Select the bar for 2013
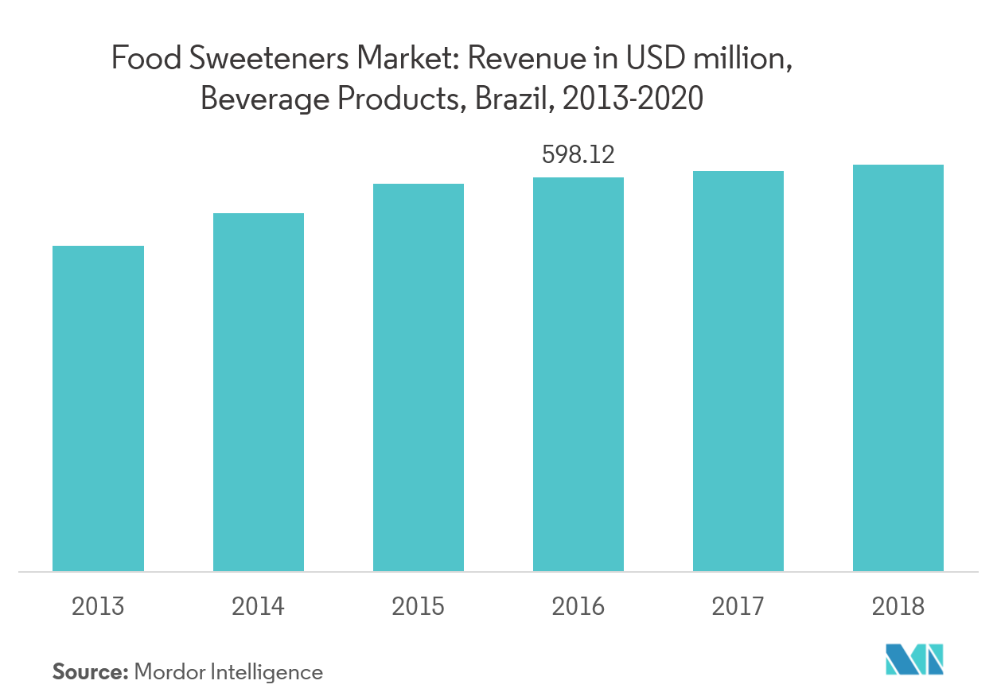(98, 408)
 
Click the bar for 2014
(258, 392)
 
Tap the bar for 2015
(419, 377)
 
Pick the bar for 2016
(578, 374)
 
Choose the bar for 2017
(738, 371)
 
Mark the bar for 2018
(898, 367)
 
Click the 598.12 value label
(578, 154)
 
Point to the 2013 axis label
(98, 607)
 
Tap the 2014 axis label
(258, 607)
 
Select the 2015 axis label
(419, 607)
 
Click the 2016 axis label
(578, 607)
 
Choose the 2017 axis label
(738, 607)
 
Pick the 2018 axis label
(898, 607)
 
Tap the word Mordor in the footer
(169, 672)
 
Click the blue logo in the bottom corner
(915, 660)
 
